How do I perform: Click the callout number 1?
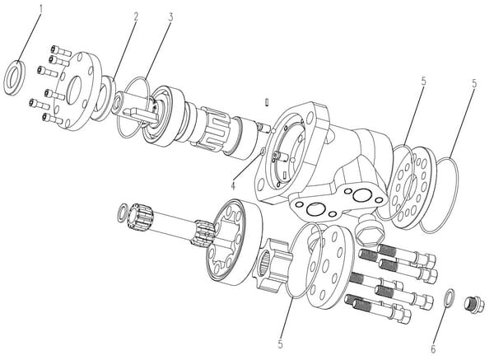[40, 9]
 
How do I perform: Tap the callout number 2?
[136, 16]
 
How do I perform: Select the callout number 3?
[170, 17]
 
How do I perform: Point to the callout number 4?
[233, 185]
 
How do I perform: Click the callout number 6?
[433, 348]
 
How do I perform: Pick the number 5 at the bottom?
[281, 344]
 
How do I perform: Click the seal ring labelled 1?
[14, 77]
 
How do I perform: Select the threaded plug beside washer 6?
[474, 305]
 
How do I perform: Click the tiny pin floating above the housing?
[267, 102]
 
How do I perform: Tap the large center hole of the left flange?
[74, 91]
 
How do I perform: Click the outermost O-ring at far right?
[438, 195]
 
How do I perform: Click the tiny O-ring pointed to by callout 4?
[262, 152]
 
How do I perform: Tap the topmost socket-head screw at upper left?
[60, 50]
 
